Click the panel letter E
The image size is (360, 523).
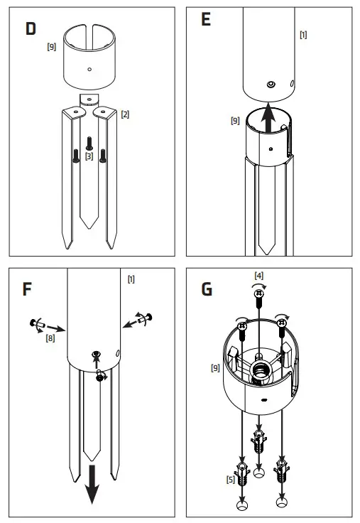(x=206, y=20)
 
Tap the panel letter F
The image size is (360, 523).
(x=28, y=289)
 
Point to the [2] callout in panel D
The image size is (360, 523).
(x=125, y=114)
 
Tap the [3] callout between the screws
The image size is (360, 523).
(x=89, y=156)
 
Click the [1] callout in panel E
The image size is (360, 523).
(x=304, y=34)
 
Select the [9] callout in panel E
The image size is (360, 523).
(x=234, y=120)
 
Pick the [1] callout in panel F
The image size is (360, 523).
(x=131, y=279)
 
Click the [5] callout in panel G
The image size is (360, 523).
(x=231, y=480)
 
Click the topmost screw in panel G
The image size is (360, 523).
(x=259, y=293)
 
